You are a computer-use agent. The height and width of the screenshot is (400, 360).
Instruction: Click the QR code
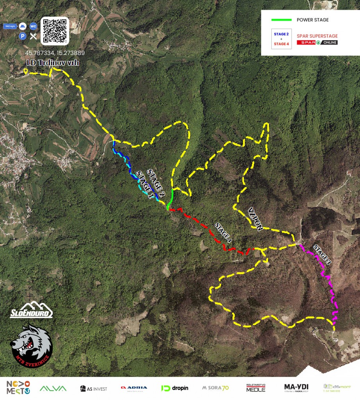tap(55, 30)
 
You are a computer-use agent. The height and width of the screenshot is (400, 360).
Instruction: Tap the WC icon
tap(33, 26)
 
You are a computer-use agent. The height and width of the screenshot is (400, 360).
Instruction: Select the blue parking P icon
tap(23, 36)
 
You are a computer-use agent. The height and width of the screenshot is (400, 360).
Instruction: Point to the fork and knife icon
tap(33, 36)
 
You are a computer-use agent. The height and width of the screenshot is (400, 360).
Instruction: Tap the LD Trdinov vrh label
tap(53, 63)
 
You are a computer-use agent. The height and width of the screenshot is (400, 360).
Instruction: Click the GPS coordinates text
tap(55, 53)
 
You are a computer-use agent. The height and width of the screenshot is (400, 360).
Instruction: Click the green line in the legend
tap(282, 20)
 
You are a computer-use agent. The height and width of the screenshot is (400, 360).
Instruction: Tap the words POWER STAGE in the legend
tap(313, 20)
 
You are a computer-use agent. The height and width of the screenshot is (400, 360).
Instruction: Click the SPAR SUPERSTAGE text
tap(317, 36)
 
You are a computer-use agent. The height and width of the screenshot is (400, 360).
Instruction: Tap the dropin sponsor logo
tap(175, 388)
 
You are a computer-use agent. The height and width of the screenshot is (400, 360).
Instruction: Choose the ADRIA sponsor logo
tap(134, 388)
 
